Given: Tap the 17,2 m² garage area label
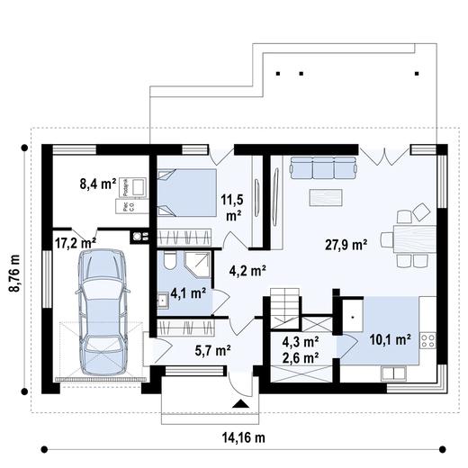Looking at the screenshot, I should click(x=76, y=242).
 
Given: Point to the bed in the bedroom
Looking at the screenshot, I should click(x=186, y=191).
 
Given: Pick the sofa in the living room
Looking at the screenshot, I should click(x=321, y=168).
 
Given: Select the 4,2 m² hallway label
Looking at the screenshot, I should click(x=246, y=268).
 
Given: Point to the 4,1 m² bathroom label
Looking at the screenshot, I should click(x=188, y=293).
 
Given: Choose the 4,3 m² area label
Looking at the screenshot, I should click(x=301, y=342).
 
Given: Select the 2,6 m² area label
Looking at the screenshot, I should click(x=301, y=358).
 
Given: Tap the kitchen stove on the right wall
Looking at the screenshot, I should click(x=428, y=341).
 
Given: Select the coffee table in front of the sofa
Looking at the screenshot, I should click(x=325, y=195).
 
